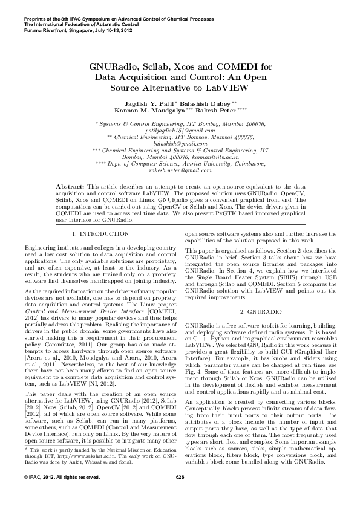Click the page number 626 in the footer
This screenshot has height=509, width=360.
(180, 494)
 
